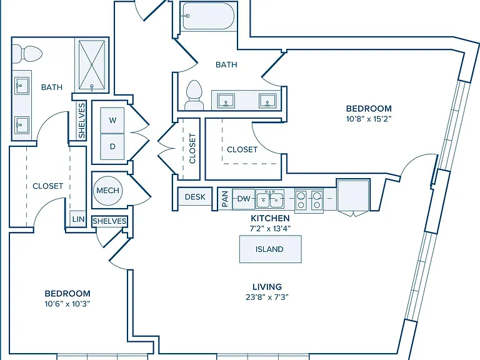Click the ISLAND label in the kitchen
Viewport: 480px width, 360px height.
[269, 249]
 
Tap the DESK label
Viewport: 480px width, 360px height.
[195, 197]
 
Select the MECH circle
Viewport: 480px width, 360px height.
[107, 191]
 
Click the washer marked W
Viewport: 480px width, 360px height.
[112, 120]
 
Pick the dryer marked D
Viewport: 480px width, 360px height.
[112, 147]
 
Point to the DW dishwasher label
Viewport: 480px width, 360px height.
[244, 199]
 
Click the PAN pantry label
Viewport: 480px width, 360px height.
[225, 199]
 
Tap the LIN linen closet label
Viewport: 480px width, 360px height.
[78, 219]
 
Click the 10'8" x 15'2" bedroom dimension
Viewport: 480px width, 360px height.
[369, 119]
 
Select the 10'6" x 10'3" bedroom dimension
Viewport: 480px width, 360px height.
[67, 304]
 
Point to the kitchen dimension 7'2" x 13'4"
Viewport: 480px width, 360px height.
[270, 228]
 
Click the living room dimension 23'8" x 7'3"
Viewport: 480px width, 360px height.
[267, 297]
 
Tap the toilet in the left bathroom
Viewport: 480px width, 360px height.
[27, 54]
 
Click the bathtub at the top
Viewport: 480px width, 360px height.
[208, 16]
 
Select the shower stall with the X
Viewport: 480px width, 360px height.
[92, 66]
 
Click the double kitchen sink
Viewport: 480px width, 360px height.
[270, 199]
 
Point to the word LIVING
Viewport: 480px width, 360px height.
[267, 287]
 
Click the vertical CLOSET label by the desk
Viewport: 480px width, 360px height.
[192, 148]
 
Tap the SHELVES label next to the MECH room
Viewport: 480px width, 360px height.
[109, 221]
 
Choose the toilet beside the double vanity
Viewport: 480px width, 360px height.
[195, 95]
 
